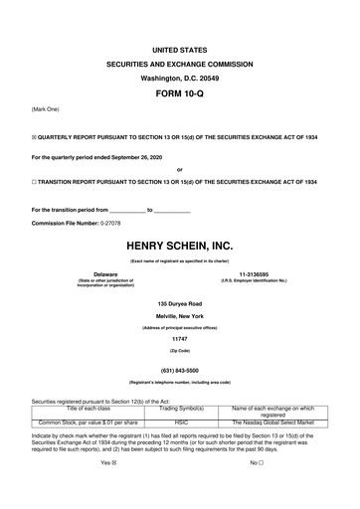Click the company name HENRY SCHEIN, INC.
(179, 245)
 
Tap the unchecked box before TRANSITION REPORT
(35, 182)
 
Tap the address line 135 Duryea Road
(179, 303)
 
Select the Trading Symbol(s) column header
(182, 408)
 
